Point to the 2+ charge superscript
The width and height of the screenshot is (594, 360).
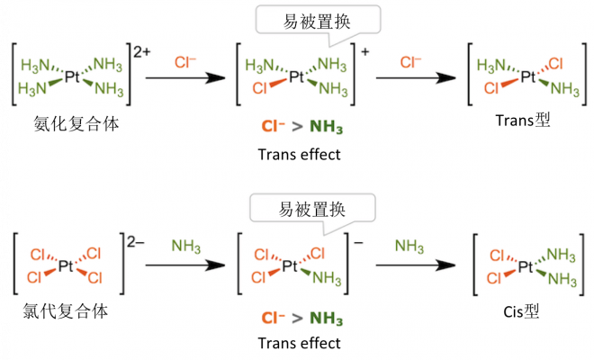[142, 53]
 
